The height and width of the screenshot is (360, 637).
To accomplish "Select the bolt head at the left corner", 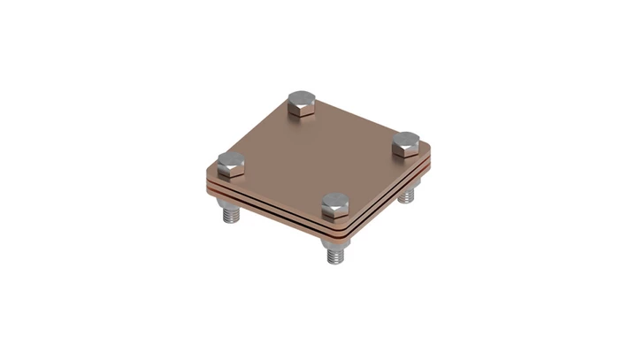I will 231,163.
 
